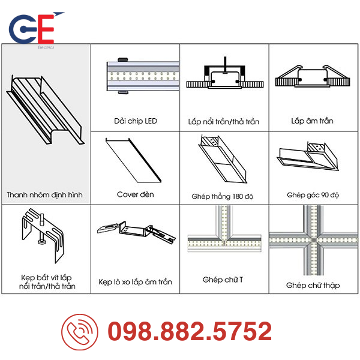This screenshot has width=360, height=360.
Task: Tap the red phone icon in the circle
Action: coord(80,332)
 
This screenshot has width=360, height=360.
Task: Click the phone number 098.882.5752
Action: coord(190,331)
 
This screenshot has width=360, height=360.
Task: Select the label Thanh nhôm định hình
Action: coord(44,195)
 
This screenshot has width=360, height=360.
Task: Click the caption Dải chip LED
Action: coord(136,121)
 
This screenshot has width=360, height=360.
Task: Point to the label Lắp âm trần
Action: coord(312,121)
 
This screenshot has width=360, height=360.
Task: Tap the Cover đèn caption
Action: coord(136,194)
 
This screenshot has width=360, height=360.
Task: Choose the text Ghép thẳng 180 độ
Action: coord(223,197)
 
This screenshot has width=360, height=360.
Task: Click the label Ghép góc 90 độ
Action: coord(313,195)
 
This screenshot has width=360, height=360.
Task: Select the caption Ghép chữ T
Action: coord(223,280)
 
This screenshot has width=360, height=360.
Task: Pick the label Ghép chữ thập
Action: coord(313,286)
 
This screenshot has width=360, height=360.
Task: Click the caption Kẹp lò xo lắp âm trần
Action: coord(135,282)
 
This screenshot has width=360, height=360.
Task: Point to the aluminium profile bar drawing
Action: coord(46,110)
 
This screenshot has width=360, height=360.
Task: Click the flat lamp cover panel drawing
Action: coord(133,160)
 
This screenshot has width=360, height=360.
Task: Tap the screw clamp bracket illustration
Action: coord(43,235)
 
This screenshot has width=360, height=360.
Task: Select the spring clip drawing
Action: coord(136,232)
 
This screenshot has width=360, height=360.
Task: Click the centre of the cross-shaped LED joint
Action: coord(313,241)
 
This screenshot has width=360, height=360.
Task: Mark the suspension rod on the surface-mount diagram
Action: coord(226,65)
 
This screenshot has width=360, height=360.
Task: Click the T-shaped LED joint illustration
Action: coord(224,230)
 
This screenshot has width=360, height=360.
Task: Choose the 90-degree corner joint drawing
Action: coord(308,157)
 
